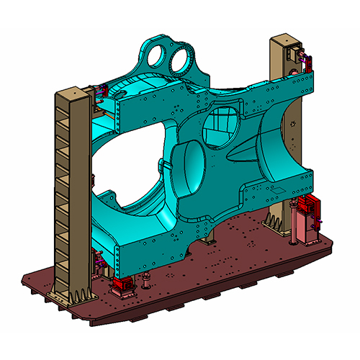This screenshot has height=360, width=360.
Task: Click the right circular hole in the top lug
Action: (183, 55)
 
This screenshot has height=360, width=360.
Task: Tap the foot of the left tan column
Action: (72, 295)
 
